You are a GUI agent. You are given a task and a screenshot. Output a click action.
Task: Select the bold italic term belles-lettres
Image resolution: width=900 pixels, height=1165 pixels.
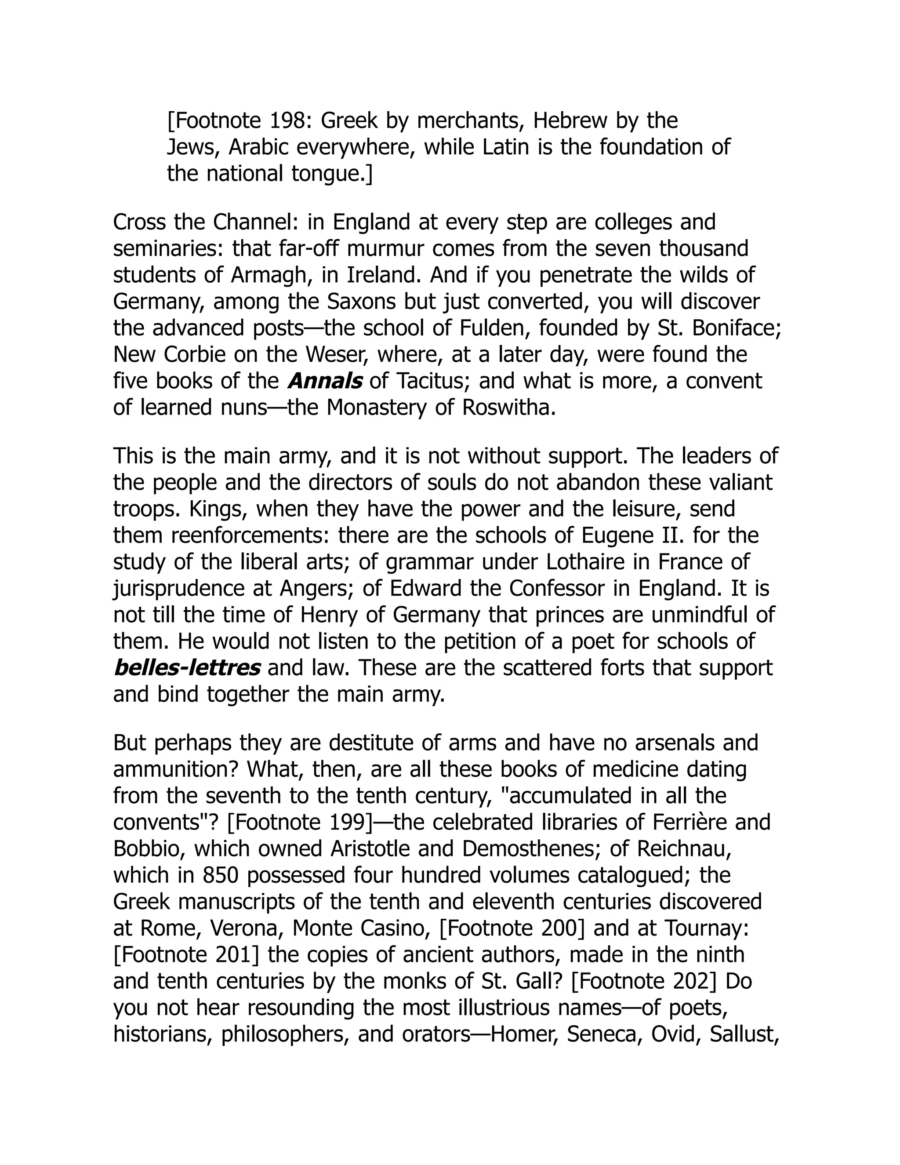(x=187, y=668)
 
